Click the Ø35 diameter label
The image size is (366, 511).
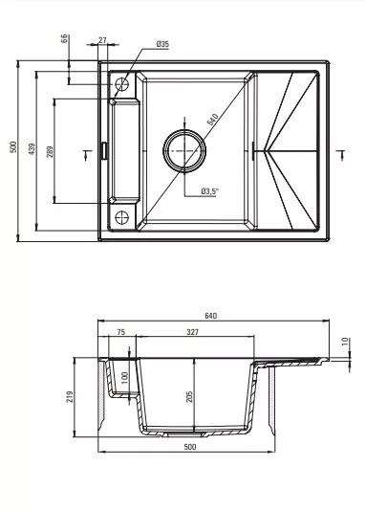[162, 44]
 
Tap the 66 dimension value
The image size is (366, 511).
[64, 39]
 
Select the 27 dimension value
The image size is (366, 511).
[102, 40]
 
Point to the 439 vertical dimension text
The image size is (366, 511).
[32, 148]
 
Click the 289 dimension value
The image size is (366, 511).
[50, 151]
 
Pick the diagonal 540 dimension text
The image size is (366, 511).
[212, 120]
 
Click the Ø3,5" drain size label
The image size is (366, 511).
[208, 191]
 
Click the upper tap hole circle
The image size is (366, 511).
[121, 84]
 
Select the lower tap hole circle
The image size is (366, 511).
[121, 217]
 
